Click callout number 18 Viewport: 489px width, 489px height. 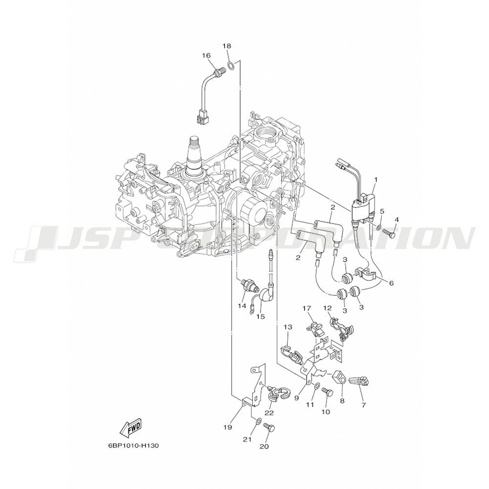pos(227,46)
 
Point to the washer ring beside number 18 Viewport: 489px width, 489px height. pos(230,66)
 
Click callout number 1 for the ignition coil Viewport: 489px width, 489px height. pos(376,179)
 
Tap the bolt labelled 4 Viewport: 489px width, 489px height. pos(390,232)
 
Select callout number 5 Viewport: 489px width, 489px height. pos(382,211)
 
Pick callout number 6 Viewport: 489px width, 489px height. pos(392,283)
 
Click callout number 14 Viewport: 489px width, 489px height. pos(242,306)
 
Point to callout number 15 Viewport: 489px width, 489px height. pos(261,316)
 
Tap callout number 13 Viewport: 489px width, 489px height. pos(288,327)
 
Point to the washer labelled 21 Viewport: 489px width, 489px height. pos(258,422)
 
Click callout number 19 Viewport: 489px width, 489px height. pos(228,427)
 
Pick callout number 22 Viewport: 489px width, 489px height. pos(269,413)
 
